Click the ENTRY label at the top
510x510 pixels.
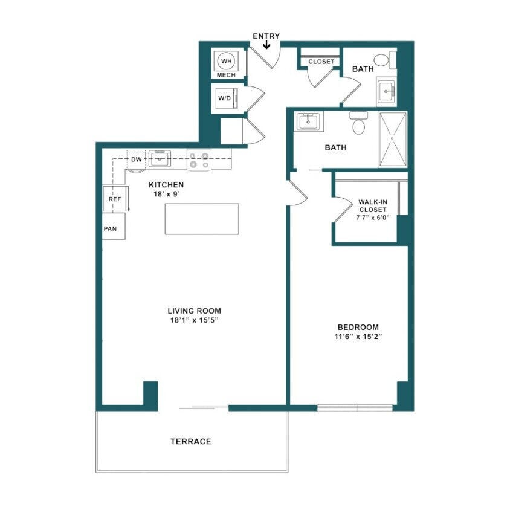pos(266,36)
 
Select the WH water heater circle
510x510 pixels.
pos(227,61)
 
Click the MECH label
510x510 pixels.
pos(226,75)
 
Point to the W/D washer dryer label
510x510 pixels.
pos(224,98)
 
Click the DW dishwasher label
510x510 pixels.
pos(137,160)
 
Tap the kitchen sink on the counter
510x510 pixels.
pos(160,160)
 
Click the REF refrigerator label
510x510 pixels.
pos(114,199)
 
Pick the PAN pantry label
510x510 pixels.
pos(111,229)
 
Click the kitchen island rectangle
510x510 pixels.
pos(201,219)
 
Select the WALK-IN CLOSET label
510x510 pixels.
pos(372,206)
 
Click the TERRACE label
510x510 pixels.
pos(191,442)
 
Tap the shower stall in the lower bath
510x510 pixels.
pos(393,139)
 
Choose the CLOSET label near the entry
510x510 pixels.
pos(321,62)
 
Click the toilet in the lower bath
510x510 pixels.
pos(359,124)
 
